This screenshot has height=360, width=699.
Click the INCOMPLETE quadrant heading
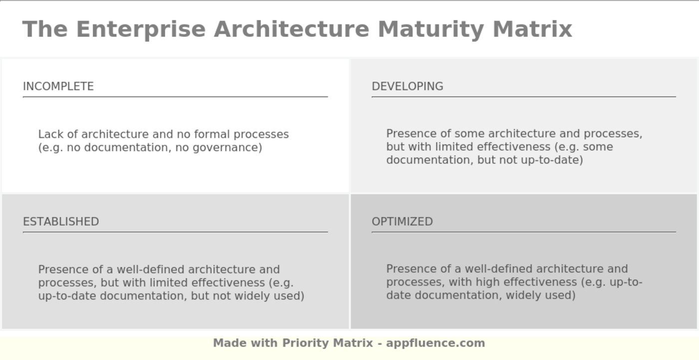(x=58, y=86)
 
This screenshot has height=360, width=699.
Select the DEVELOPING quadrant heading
(x=407, y=86)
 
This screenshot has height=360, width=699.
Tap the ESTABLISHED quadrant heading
(x=61, y=222)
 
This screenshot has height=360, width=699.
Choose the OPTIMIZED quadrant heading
(x=402, y=222)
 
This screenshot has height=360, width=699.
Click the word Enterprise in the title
(x=141, y=29)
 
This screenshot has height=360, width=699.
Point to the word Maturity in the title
(x=431, y=29)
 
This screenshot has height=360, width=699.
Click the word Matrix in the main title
(x=532, y=29)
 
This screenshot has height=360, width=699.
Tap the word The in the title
(x=45, y=29)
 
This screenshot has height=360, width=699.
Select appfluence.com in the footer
(x=435, y=343)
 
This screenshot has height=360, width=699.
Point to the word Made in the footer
(x=229, y=343)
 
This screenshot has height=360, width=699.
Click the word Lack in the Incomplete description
(x=50, y=134)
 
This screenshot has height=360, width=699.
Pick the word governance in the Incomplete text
(x=226, y=148)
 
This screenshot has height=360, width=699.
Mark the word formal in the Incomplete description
(x=212, y=134)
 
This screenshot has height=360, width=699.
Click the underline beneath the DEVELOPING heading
(x=524, y=97)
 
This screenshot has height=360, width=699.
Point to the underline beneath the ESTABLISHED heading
(x=175, y=232)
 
